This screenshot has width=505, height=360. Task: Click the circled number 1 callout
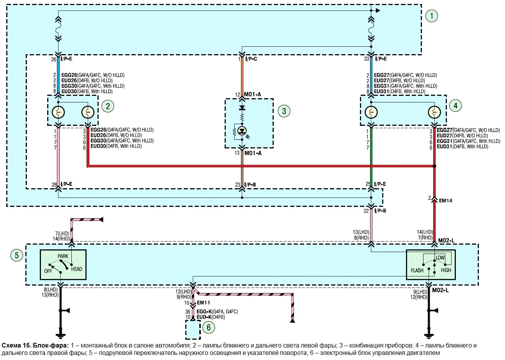(x=432, y=16)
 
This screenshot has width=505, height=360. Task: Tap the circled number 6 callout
(x=209, y=327)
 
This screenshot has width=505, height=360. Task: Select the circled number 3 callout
(x=284, y=111)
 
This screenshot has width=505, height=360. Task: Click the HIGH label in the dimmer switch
(x=446, y=270)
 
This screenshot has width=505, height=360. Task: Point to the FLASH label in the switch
(x=417, y=270)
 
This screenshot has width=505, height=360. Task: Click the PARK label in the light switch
(x=63, y=256)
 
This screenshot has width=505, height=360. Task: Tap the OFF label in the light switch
(x=48, y=271)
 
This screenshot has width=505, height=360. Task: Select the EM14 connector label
(x=445, y=201)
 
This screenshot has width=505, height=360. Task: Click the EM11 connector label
(x=203, y=303)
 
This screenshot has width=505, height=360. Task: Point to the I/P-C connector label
(x=251, y=59)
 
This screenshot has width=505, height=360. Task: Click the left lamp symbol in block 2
(x=58, y=112)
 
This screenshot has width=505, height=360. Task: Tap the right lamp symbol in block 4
(x=434, y=112)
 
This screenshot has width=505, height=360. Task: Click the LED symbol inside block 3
(x=242, y=131)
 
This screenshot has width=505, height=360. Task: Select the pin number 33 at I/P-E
(x=367, y=59)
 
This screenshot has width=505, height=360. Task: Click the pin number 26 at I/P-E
(x=53, y=60)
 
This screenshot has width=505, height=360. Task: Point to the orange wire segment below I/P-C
(x=242, y=77)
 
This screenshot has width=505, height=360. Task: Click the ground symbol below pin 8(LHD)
(x=60, y=336)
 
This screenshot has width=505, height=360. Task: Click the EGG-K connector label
(x=204, y=312)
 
